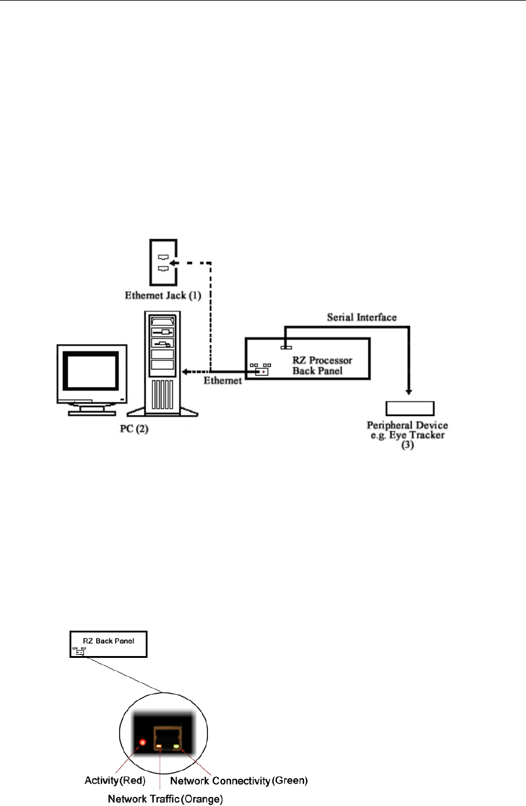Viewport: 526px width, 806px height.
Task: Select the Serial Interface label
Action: pyautogui.click(x=352, y=317)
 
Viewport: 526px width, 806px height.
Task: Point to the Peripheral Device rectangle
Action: pyautogui.click(x=410, y=407)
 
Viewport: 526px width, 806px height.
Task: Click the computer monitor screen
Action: pyautogui.click(x=91, y=371)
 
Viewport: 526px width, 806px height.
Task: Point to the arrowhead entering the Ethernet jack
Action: pyautogui.click(x=173, y=263)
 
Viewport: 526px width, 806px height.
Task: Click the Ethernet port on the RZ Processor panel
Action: pyautogui.click(x=261, y=371)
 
